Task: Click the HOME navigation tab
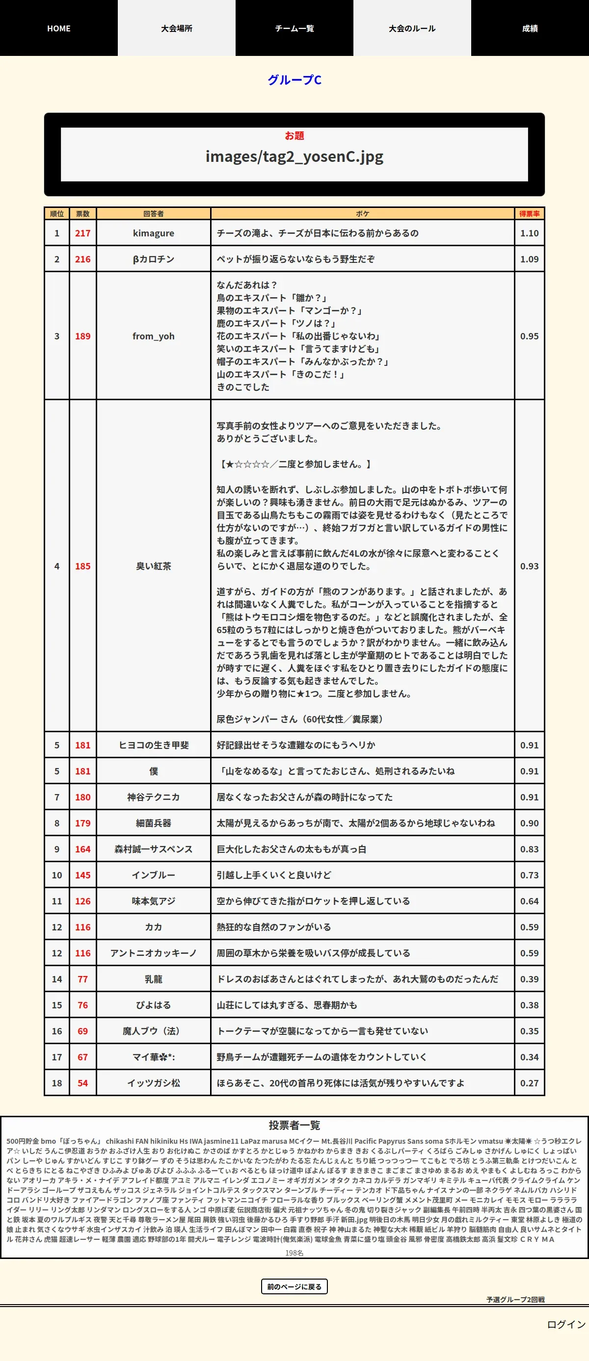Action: click(59, 28)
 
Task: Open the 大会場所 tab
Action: click(177, 28)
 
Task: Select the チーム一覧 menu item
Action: click(294, 28)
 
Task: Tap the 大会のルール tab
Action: click(412, 28)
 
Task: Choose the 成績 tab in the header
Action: click(530, 28)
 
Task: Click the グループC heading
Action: click(294, 80)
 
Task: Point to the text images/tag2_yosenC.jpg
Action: click(294, 156)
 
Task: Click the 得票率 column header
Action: click(529, 214)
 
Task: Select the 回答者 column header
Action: click(153, 214)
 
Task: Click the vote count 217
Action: click(82, 233)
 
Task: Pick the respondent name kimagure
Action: click(153, 233)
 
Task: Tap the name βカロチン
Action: click(153, 259)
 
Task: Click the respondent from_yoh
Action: click(153, 336)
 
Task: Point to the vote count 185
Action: click(82, 566)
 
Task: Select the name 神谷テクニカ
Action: click(153, 796)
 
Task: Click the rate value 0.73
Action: click(529, 875)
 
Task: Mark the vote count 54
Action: click(82, 1082)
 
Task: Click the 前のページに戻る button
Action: click(294, 1286)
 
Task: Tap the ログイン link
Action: click(566, 1324)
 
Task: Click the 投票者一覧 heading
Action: click(294, 1125)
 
